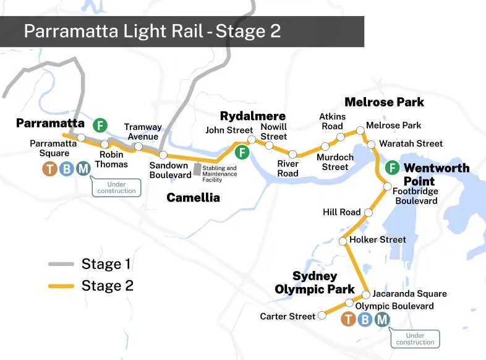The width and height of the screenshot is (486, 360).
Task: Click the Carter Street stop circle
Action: [322, 316]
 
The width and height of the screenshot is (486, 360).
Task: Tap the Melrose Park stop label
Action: [393, 126]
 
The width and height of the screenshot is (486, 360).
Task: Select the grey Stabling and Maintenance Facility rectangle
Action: [197, 168]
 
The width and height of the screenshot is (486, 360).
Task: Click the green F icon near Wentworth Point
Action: [391, 168]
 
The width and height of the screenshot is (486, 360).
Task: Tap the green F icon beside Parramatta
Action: [100, 126]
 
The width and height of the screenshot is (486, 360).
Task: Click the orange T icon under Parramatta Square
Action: [49, 168]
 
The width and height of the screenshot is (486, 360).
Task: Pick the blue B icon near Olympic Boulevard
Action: [365, 319]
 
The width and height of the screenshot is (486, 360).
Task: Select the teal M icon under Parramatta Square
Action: [83, 168]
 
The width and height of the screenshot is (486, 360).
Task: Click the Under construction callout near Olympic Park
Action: [415, 338]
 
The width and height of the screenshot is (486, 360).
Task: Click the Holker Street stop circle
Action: [343, 241]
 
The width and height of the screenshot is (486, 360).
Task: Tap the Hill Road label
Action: [341, 212]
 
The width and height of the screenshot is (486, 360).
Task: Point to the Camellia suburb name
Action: [193, 198]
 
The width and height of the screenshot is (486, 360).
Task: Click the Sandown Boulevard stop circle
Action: [163, 155]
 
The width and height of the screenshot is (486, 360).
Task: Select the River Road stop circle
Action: [293, 154]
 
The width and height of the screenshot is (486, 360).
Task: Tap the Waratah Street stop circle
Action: [372, 145]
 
